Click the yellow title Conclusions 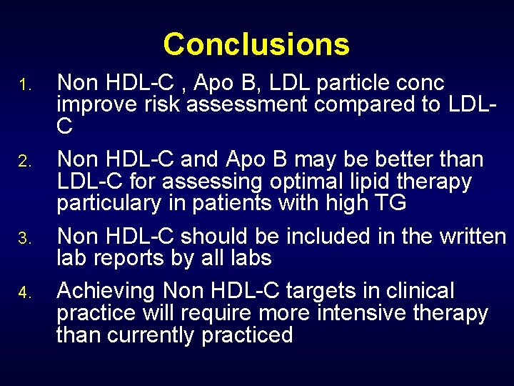pyautogui.click(x=256, y=44)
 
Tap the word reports pyautogui.click(x=136, y=257)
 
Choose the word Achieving pyautogui.click(x=107, y=291)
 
